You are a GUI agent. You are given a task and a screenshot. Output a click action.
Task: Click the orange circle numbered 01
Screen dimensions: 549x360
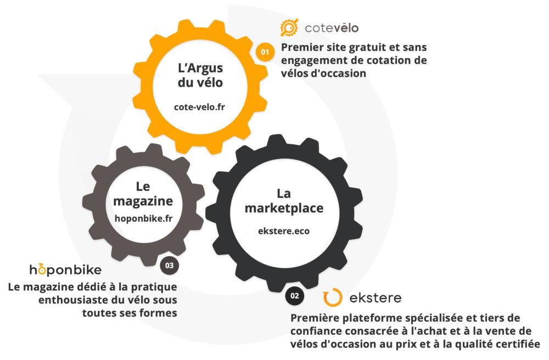point(265,52)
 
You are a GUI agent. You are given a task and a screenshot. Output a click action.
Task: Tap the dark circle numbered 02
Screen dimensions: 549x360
point(294,296)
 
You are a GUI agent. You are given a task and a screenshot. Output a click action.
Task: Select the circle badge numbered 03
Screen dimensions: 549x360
point(169,265)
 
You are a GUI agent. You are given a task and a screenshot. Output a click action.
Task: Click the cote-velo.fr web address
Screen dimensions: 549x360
point(199,106)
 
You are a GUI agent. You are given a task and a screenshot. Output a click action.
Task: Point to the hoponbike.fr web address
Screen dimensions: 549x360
point(143,218)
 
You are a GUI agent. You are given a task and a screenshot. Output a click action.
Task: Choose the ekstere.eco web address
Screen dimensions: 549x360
point(284,231)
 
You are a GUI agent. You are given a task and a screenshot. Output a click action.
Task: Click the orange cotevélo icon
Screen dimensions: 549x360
point(289,27)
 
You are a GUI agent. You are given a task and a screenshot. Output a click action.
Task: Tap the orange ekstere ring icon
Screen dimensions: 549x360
point(332,297)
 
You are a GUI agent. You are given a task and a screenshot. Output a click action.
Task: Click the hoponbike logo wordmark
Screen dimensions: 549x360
point(65,269)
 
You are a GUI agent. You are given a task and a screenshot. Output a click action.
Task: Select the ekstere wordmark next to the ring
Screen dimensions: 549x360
point(376,298)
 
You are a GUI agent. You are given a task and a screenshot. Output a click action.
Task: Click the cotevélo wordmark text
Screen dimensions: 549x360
point(332,28)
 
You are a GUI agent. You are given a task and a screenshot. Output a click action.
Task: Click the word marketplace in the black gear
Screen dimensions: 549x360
point(284,208)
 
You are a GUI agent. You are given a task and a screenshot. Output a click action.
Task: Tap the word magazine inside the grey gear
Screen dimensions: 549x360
point(143,201)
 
